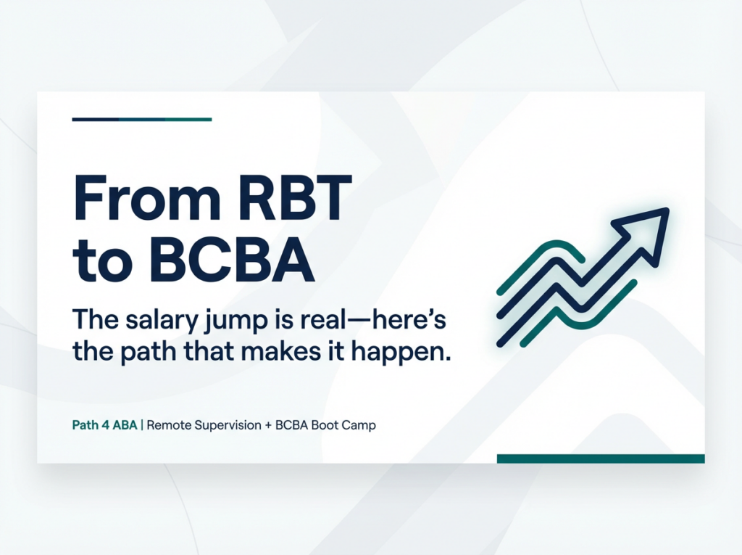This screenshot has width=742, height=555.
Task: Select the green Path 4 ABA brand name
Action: [104, 425]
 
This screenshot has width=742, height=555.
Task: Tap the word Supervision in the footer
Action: [228, 426]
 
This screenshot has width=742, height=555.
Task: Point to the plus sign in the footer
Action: [268, 426]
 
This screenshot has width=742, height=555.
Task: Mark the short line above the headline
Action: [142, 120]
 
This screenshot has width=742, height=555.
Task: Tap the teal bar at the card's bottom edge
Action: [601, 459]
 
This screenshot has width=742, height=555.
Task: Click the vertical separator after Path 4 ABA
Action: [142, 425]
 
